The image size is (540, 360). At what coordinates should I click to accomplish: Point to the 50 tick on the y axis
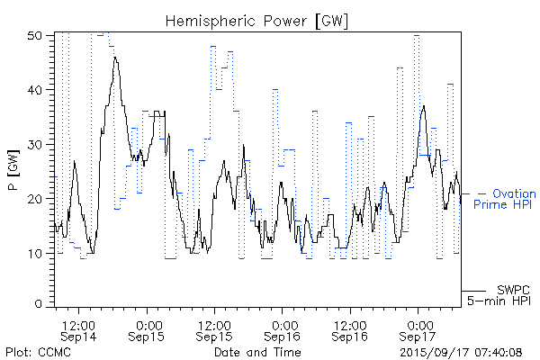tap(35, 36)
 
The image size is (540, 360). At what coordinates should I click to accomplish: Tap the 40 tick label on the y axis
tap(35, 90)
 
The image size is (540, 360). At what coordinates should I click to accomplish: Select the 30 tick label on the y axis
tap(35, 144)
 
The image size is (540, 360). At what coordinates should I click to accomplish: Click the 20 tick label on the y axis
tap(35, 198)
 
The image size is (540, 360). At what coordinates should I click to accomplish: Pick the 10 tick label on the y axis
tap(35, 252)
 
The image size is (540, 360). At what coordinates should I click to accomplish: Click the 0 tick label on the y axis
tap(39, 305)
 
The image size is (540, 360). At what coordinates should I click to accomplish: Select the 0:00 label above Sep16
tap(283, 323)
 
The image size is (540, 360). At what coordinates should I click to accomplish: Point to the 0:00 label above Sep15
tap(148, 323)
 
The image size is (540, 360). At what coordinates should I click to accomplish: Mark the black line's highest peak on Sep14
tap(115, 57)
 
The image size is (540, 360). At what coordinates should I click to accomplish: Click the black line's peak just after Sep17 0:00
tap(424, 106)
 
